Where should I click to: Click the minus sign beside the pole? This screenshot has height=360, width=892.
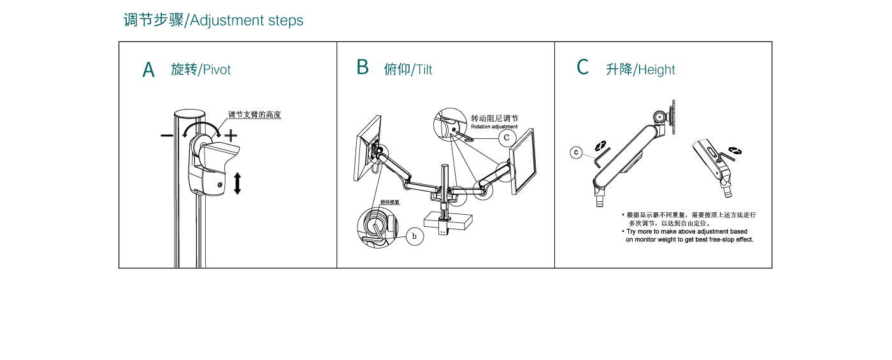point(166,135)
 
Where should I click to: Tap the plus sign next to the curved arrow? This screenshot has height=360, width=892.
point(231,135)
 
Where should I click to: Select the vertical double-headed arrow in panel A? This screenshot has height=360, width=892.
point(237,183)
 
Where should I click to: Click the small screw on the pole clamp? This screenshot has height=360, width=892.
point(220,185)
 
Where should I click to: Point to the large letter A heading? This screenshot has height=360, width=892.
point(148,70)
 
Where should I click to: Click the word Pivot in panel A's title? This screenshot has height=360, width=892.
point(217,69)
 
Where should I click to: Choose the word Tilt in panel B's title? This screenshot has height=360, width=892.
point(424,69)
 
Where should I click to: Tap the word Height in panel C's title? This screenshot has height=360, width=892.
point(656,69)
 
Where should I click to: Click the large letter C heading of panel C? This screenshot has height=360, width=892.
point(582,67)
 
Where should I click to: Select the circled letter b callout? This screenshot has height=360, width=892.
point(414,236)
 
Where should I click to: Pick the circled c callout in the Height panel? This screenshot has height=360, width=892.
point(576,152)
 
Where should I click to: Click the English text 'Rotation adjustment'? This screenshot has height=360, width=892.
point(494,127)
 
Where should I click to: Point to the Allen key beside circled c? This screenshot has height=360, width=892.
point(600,156)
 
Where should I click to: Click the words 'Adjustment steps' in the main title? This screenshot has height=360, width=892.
point(247,20)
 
